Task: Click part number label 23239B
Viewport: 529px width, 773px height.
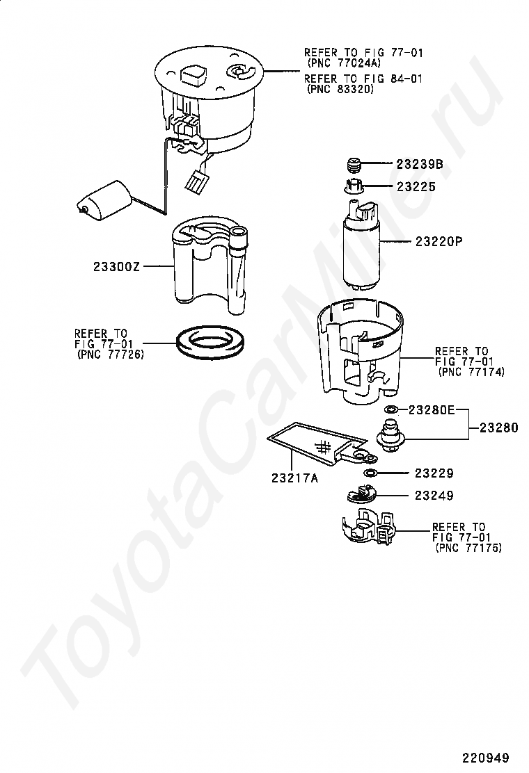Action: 420,163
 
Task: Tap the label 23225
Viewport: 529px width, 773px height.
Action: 416,186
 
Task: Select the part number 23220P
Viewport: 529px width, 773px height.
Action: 439,242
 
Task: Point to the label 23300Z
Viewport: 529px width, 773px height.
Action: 117,267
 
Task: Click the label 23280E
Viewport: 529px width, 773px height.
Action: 432,410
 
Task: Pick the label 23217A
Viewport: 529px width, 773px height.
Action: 294,478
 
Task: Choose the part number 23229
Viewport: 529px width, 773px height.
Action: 434,473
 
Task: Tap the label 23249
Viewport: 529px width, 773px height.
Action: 434,496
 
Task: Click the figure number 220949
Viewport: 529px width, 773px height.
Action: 485,757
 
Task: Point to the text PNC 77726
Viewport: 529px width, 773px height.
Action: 111,355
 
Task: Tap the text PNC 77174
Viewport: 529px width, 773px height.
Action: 471,372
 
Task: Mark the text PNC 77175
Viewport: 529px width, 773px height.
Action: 468,548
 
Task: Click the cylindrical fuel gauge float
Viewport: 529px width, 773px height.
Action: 104,201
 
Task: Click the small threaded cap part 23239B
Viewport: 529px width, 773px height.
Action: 354,165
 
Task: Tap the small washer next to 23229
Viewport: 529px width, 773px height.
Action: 370,474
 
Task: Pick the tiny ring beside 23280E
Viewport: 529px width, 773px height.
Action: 391,409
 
